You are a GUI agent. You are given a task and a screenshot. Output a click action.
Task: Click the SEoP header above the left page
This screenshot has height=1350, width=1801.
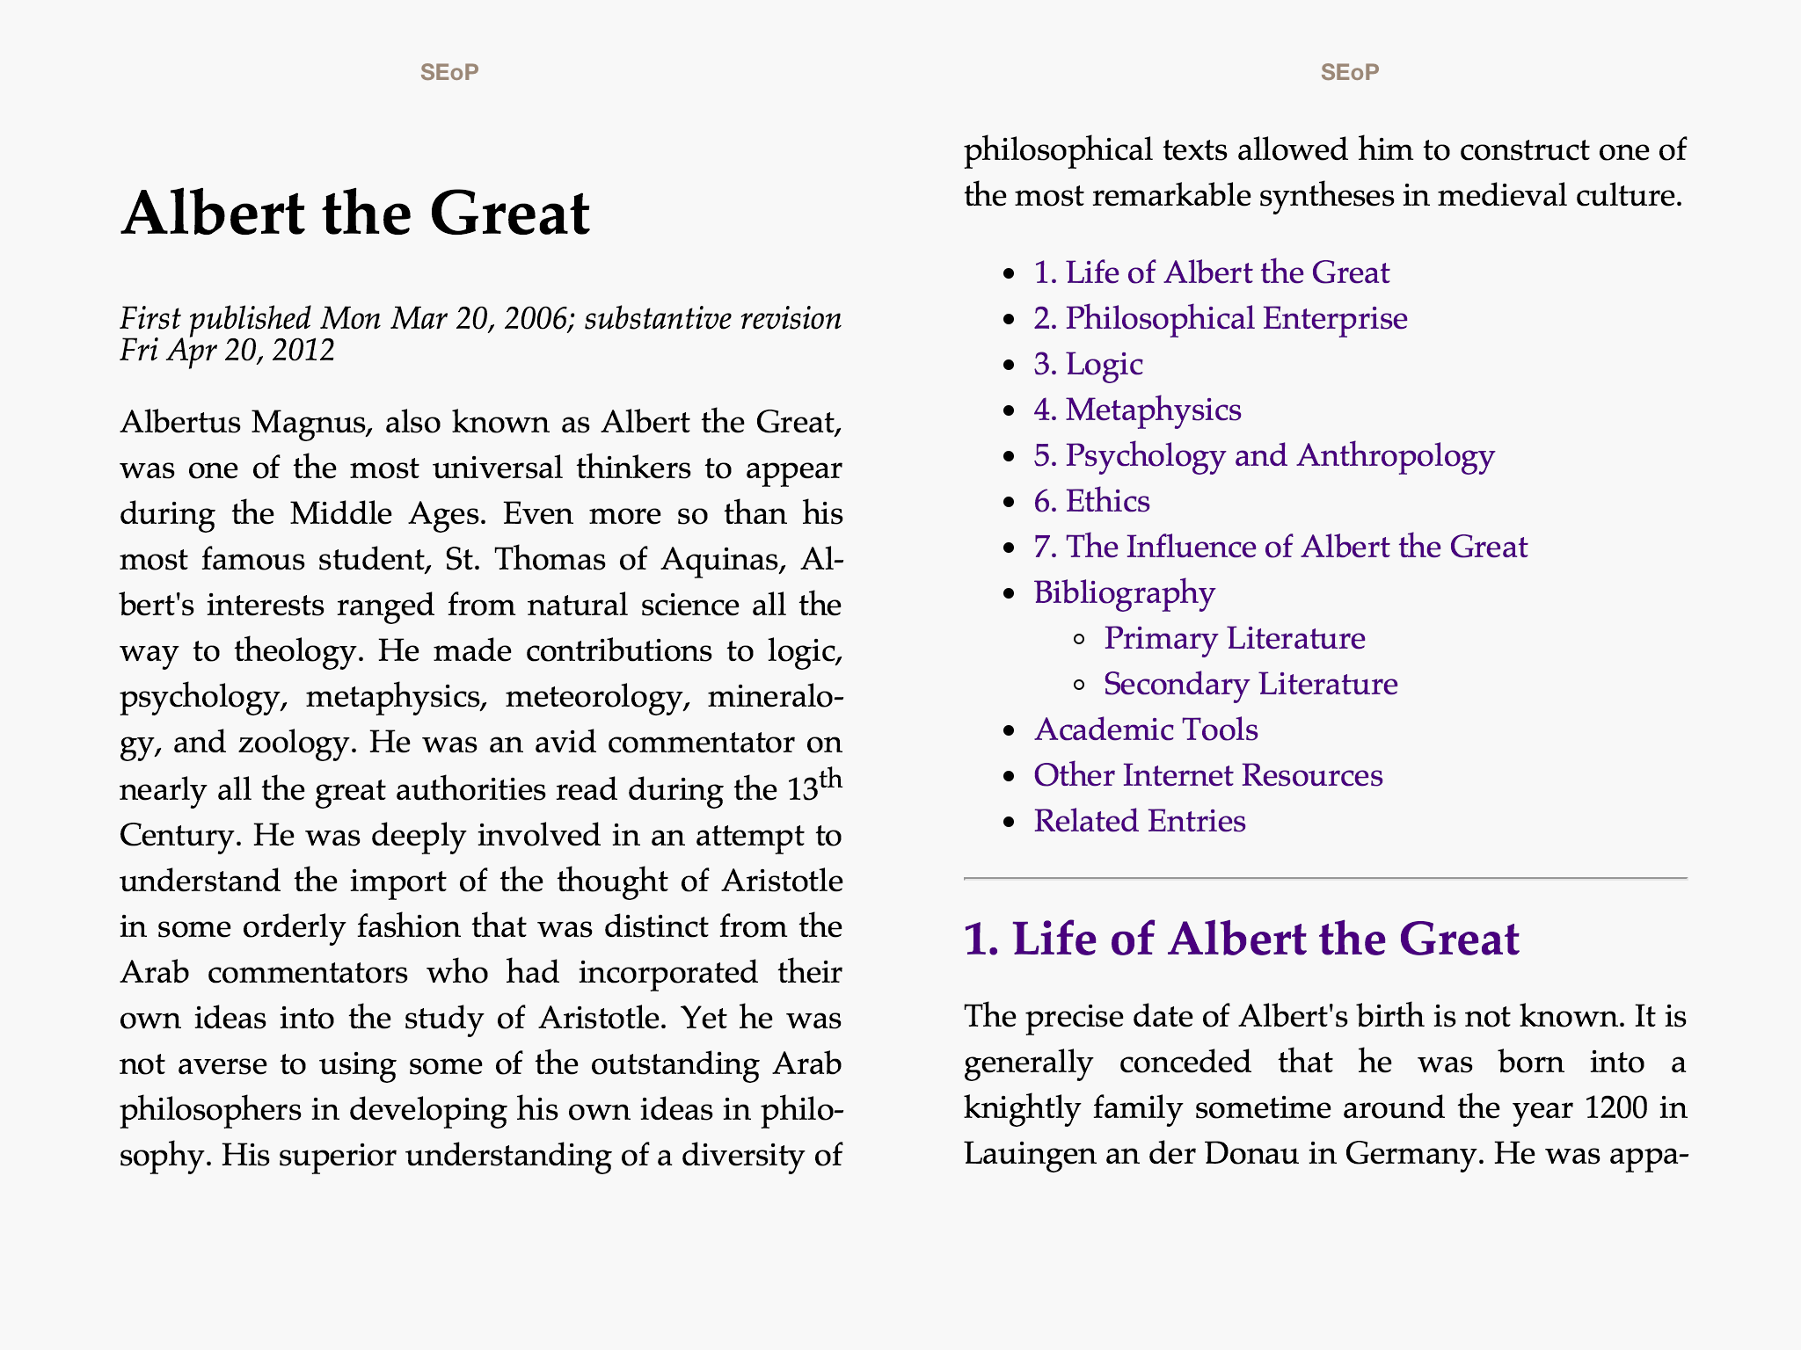point(449,72)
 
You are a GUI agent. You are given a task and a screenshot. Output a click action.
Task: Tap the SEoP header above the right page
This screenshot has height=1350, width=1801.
point(1350,72)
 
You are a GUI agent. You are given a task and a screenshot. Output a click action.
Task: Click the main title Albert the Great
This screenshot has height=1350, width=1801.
point(355,214)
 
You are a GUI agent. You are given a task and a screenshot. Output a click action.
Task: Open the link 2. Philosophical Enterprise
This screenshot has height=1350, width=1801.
point(1220,318)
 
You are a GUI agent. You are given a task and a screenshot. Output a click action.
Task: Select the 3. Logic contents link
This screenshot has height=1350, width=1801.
point(1088,364)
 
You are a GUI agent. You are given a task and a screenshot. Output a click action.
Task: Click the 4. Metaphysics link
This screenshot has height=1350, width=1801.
point(1137,410)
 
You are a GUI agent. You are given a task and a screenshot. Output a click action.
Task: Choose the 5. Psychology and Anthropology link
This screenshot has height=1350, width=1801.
point(1264,455)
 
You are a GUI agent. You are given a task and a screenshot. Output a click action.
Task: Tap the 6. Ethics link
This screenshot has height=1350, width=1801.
point(1091,501)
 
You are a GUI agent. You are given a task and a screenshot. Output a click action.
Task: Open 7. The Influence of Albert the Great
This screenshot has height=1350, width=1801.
point(1280,547)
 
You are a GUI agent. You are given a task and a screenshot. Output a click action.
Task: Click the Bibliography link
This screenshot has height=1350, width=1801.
point(1124,592)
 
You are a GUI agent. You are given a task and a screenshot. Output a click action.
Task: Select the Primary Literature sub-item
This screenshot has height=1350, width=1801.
point(1234,638)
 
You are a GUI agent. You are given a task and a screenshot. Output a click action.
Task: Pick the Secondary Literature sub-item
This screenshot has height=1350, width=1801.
point(1250,684)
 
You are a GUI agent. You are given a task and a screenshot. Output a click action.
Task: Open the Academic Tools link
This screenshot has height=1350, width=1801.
point(1146,729)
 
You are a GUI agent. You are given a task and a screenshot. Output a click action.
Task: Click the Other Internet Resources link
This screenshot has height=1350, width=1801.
point(1207,775)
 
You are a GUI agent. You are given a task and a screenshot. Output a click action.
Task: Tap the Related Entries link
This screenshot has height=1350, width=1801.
point(1140,821)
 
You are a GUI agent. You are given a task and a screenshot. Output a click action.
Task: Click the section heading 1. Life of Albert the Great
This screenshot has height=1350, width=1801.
point(1241,939)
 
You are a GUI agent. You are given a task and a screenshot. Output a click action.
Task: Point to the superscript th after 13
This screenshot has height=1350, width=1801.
point(830,779)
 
